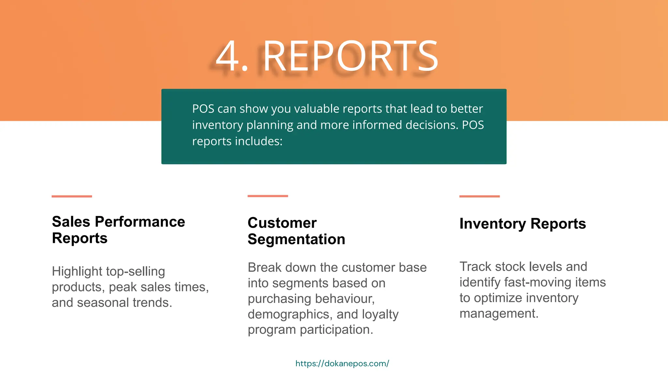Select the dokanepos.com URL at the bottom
(x=342, y=363)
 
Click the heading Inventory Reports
(x=523, y=224)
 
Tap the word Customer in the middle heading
(x=282, y=223)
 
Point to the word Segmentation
(x=296, y=239)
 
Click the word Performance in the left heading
(x=140, y=222)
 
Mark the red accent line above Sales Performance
(x=72, y=196)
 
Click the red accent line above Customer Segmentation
(x=268, y=196)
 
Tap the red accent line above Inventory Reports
(x=479, y=196)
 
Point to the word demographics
(x=290, y=314)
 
